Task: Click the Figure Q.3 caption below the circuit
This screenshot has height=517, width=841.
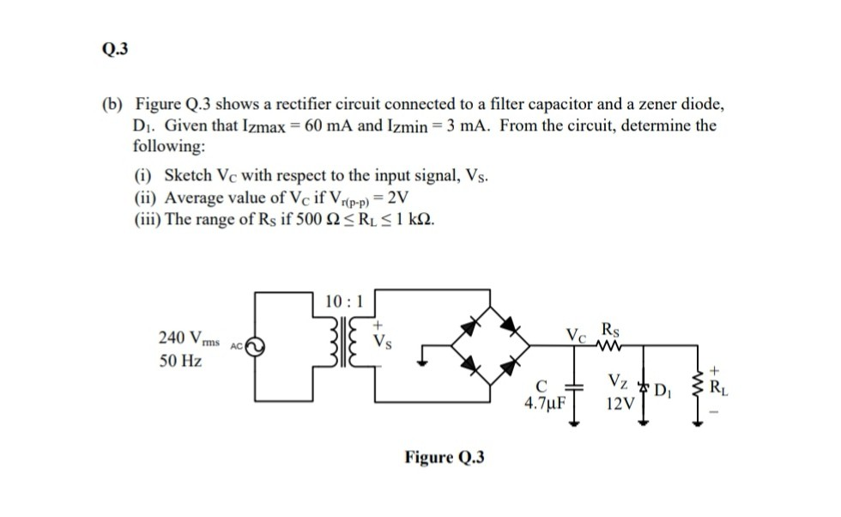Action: click(444, 457)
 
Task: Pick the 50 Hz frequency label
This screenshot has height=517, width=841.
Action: click(180, 361)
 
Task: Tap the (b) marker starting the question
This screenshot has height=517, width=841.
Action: click(113, 105)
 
